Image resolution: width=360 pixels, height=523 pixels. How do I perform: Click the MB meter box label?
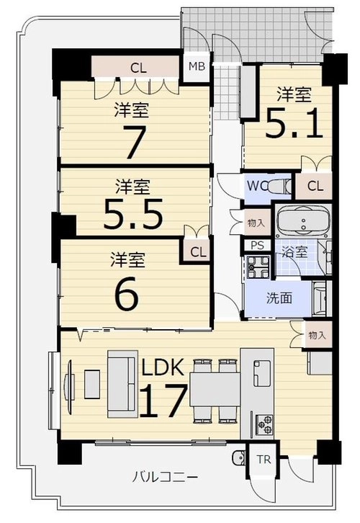click(197, 66)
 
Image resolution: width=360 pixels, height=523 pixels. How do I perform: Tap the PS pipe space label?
click(257, 246)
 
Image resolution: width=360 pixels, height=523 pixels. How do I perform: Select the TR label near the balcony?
click(264, 460)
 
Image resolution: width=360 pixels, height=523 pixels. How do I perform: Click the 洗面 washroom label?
click(279, 298)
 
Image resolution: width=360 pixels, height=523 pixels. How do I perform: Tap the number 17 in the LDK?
click(163, 401)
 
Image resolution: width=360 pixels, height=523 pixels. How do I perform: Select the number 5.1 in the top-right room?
click(294, 123)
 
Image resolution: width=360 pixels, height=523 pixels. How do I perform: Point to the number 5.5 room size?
click(133, 214)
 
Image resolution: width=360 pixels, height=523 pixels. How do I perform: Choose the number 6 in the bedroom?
click(126, 292)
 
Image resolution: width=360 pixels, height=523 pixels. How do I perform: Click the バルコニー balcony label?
click(165, 478)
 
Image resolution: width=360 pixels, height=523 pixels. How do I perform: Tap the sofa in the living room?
click(122, 383)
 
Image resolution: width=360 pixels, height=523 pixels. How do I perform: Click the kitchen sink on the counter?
click(262, 373)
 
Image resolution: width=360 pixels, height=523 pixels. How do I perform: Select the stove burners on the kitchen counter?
click(264, 424)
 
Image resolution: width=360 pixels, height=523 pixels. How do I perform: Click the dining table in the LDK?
click(215, 389)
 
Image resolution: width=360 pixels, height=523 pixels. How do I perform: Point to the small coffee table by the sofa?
click(92, 384)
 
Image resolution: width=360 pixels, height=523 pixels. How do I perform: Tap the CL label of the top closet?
click(138, 68)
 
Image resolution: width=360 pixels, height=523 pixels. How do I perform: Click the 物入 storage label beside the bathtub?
click(256, 223)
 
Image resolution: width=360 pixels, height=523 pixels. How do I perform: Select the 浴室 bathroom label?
click(294, 252)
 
